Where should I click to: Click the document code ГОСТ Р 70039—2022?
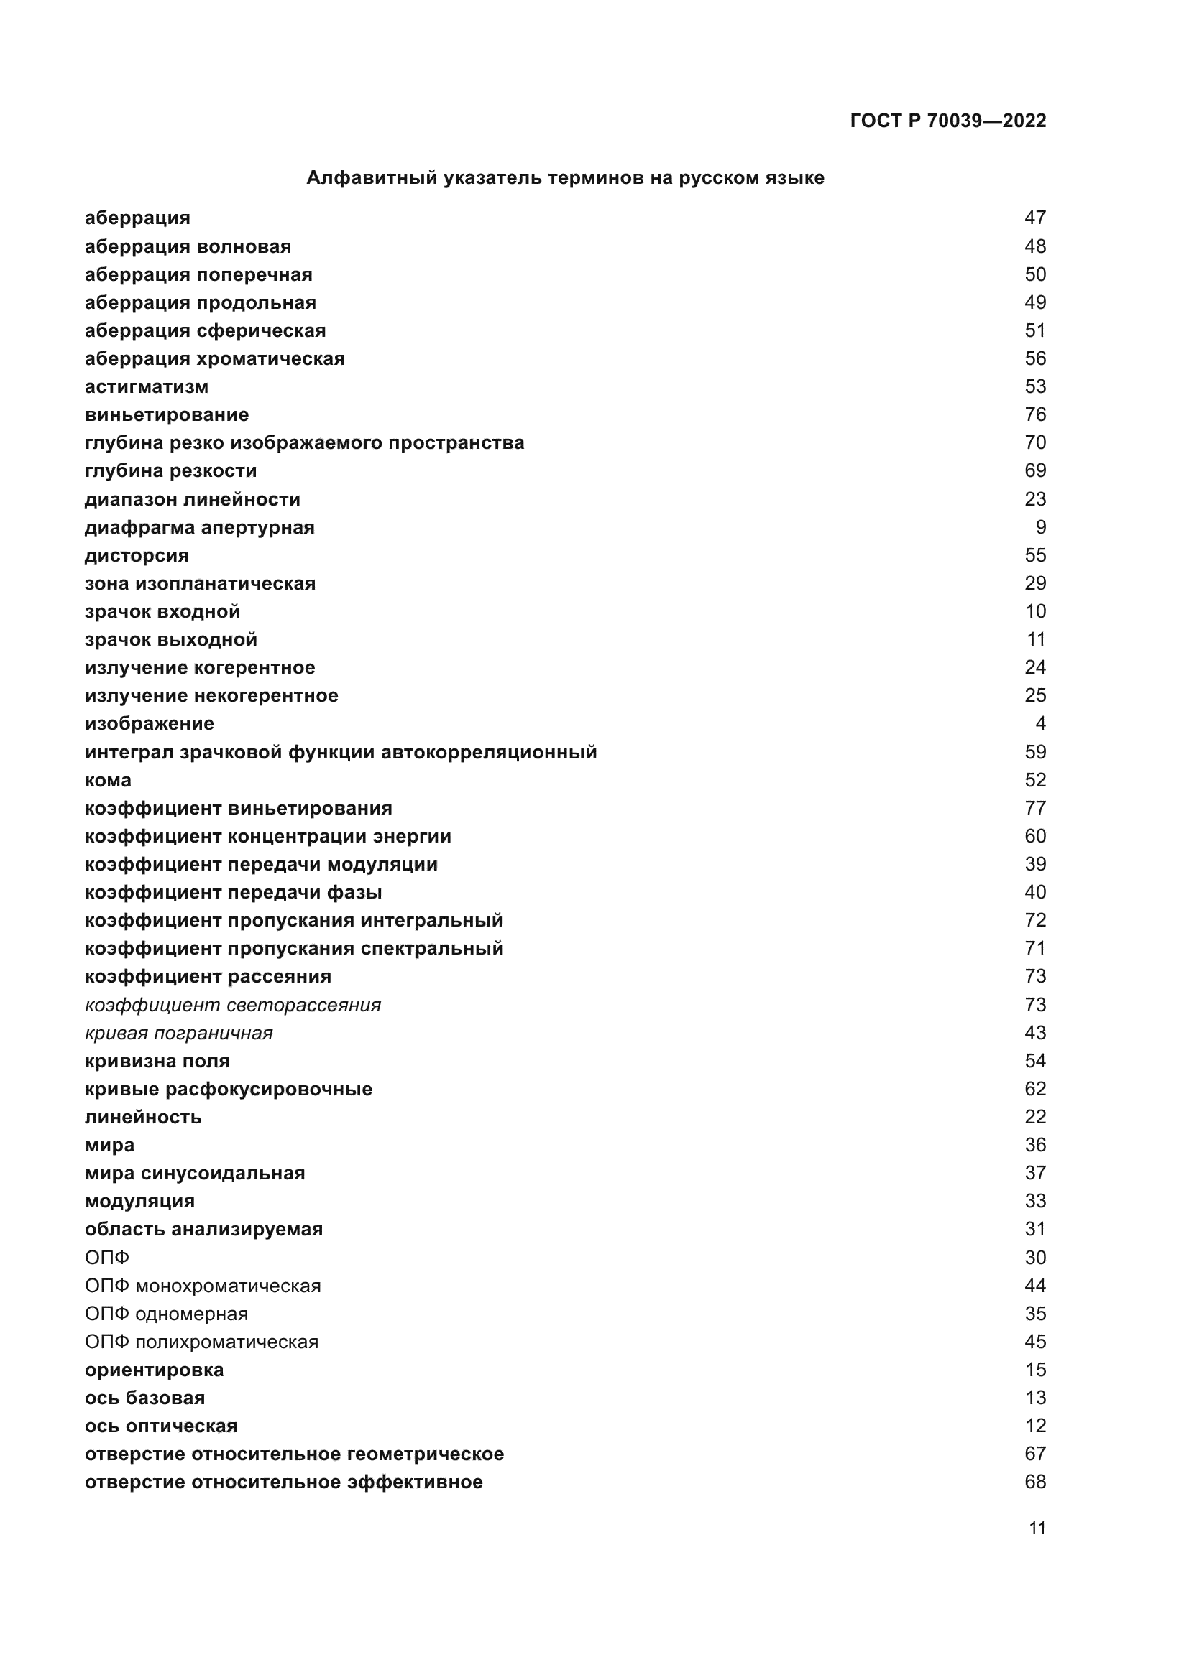coord(947,121)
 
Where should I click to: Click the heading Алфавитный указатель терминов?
coord(564,178)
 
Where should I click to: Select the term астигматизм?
coord(147,386)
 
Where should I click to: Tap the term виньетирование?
coord(167,415)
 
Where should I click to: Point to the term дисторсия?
coord(137,555)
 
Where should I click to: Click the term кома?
coord(109,780)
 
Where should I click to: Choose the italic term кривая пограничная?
coord(179,1033)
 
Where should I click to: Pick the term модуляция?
coord(140,1202)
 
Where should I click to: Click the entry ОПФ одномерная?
coord(166,1314)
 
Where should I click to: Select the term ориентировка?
coord(155,1370)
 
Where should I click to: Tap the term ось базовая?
coord(145,1398)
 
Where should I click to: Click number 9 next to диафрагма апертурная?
coord(1040,528)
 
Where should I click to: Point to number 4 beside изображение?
coord(1040,724)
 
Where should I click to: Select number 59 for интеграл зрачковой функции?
coord(1035,752)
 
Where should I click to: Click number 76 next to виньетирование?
coord(1035,415)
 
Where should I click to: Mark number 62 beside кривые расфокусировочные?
coord(1035,1089)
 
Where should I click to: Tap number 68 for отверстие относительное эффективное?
coord(1035,1482)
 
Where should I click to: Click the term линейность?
coord(144,1118)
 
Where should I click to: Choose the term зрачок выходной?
coord(171,639)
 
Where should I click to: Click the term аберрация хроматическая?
coord(214,358)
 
